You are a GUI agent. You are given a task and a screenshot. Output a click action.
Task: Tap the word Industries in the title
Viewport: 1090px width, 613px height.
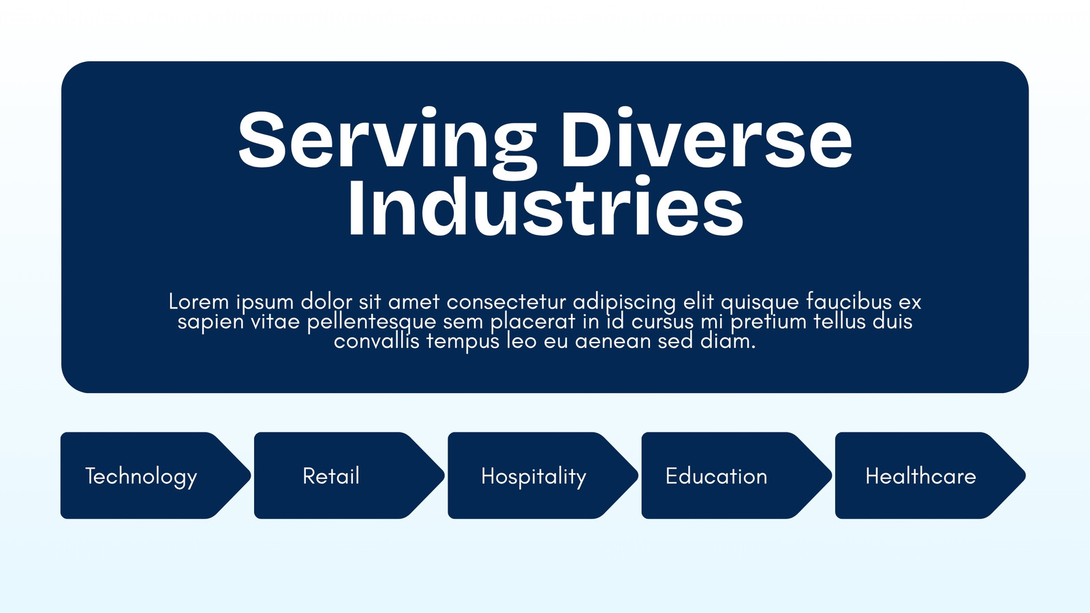[x=546, y=206]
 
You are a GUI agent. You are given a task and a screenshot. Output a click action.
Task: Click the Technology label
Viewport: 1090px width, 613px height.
[x=141, y=477]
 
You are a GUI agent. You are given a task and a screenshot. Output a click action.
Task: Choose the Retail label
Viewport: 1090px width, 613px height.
[x=331, y=476]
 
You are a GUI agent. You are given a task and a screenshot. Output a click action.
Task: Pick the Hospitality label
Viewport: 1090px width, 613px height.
[x=534, y=477]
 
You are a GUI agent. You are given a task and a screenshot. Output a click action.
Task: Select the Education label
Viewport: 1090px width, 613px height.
[x=716, y=476]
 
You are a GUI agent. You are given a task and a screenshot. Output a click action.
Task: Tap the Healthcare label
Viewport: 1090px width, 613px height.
[x=920, y=476]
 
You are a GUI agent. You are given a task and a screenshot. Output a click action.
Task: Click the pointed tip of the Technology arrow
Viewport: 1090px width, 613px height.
[x=250, y=475]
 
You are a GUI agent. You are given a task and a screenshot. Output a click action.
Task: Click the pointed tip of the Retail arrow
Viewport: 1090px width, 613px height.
[x=443, y=475]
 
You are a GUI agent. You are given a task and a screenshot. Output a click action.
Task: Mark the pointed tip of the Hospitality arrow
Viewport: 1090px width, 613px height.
[x=638, y=475]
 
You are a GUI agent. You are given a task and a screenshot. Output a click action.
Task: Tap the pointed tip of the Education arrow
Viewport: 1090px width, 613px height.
[x=831, y=475]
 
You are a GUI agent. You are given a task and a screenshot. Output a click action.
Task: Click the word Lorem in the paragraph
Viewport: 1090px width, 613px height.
[x=198, y=302]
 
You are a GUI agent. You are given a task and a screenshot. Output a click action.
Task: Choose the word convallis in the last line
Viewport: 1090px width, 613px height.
[x=377, y=341]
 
